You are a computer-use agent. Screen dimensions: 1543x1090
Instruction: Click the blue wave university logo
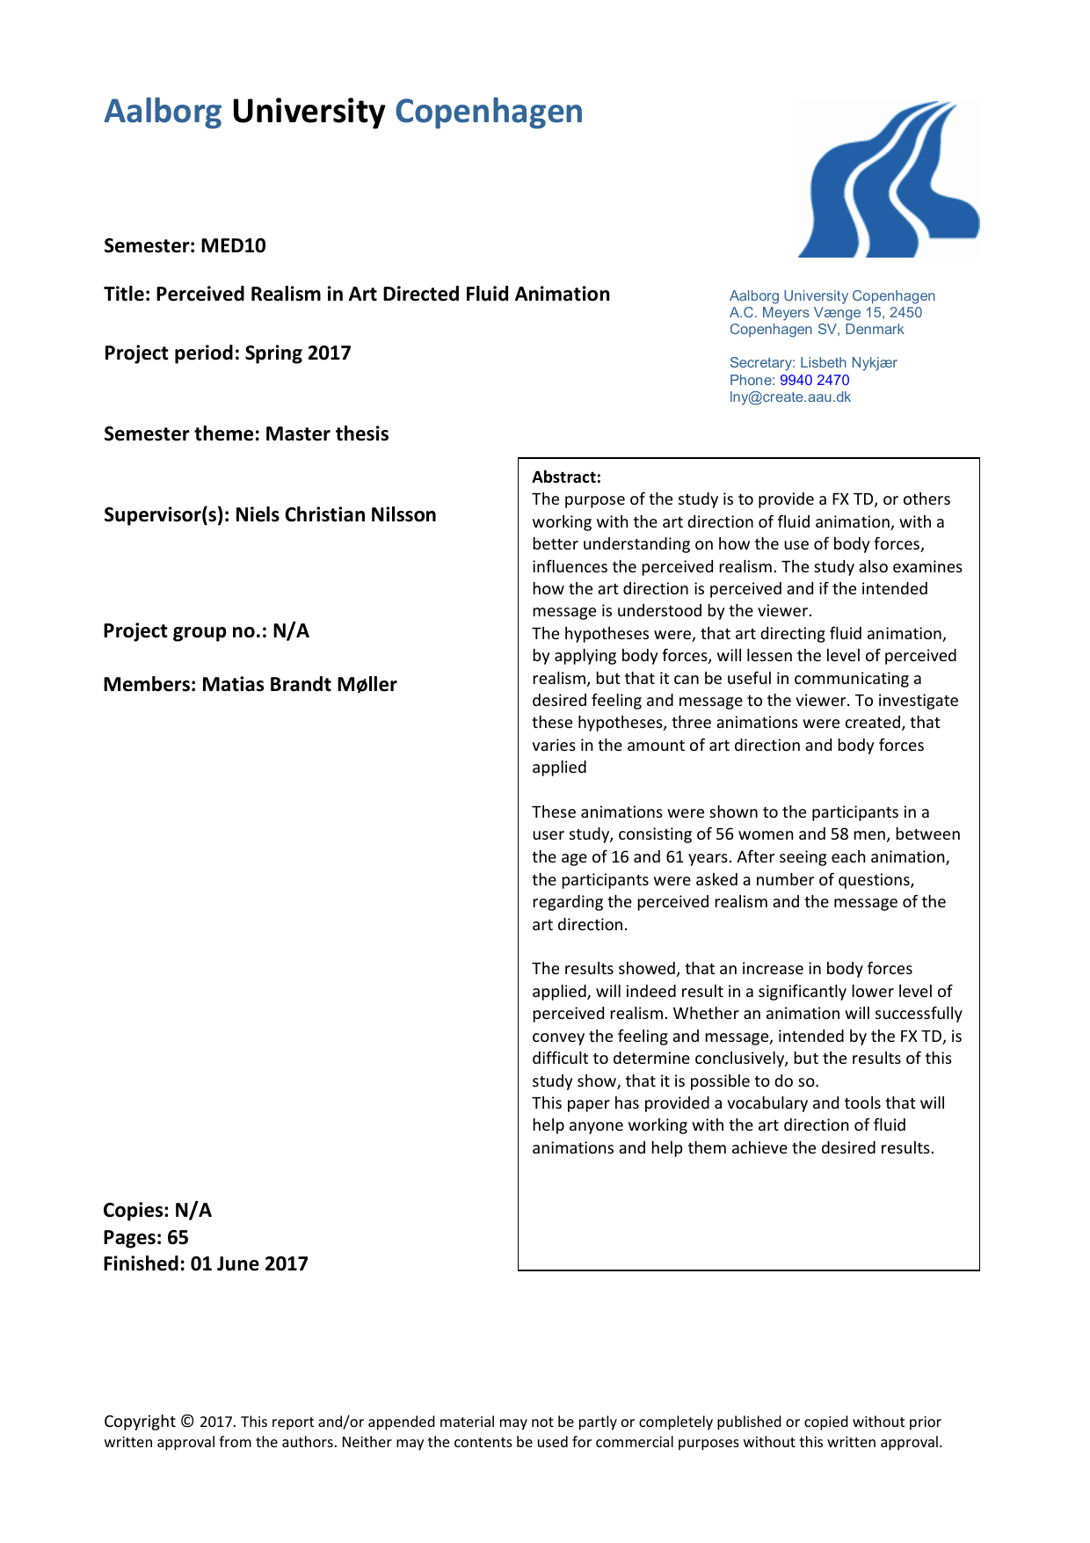[x=888, y=180]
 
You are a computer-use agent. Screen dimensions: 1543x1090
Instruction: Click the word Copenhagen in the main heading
[x=489, y=112]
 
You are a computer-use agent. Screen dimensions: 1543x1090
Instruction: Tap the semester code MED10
[x=233, y=245]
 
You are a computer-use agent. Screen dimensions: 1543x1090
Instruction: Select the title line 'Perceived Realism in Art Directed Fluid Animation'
[x=382, y=295]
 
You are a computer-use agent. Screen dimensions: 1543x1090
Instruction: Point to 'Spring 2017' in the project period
[x=298, y=353]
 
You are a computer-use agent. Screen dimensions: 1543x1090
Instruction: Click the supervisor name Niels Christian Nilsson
[x=336, y=515]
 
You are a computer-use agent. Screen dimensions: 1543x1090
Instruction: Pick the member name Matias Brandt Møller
[x=299, y=685]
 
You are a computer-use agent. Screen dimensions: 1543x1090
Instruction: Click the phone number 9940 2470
[x=814, y=381]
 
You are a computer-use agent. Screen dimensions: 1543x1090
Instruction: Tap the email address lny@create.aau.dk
[x=790, y=397]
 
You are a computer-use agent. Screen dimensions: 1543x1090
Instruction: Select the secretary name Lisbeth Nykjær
[x=848, y=363]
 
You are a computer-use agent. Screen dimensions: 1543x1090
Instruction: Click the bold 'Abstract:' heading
[x=566, y=477]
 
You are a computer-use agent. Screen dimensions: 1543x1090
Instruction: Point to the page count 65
[x=178, y=1238]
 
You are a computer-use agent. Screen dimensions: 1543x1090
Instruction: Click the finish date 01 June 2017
[x=249, y=1264]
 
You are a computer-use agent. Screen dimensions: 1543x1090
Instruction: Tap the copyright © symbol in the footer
[x=187, y=1422]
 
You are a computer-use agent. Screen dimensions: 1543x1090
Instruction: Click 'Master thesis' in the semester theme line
[x=327, y=434]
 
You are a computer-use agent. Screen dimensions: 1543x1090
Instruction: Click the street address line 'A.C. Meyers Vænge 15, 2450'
[x=825, y=313]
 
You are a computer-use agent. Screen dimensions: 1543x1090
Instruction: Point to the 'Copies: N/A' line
[x=157, y=1211]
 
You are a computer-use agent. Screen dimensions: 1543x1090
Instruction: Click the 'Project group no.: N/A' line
[x=206, y=631]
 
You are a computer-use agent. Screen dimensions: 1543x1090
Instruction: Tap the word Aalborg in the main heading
[x=163, y=112]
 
